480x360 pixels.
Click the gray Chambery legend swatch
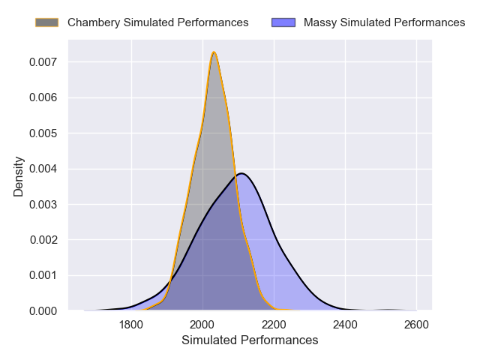46,22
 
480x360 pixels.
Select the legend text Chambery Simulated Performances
157,22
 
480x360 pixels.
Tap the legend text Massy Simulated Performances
385,22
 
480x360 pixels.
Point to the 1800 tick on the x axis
131,325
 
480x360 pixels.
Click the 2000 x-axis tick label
202,325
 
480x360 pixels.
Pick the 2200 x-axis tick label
274,325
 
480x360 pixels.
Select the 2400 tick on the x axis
345,325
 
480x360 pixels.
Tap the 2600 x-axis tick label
416,325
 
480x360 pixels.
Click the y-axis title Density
19,176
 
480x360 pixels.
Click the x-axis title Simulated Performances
250,340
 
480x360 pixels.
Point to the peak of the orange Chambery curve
214,52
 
